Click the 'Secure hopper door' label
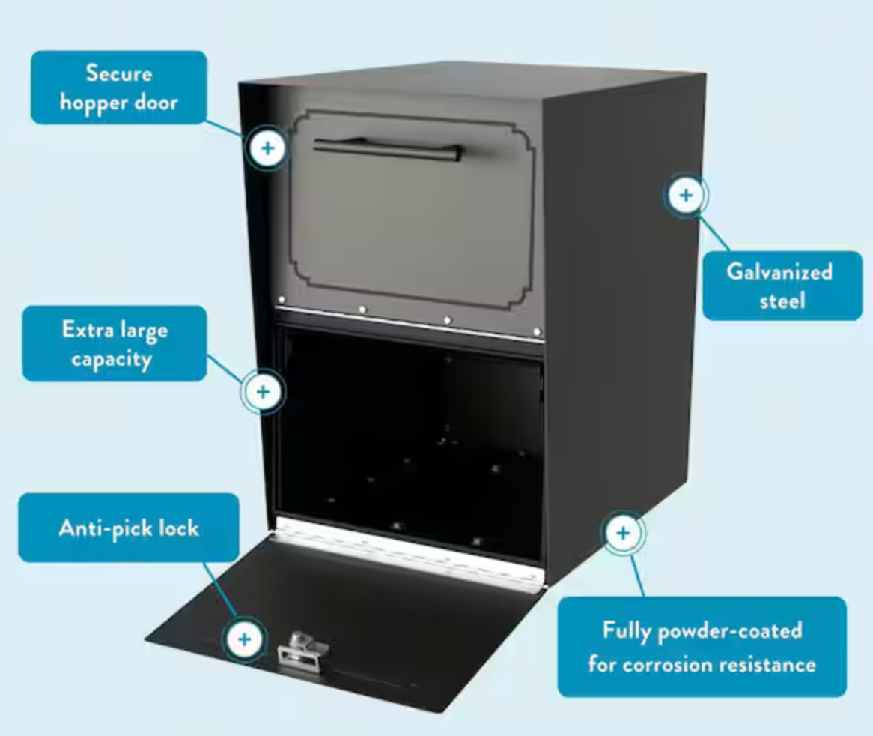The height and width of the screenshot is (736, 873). (118, 88)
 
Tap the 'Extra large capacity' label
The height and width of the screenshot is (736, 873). (115, 343)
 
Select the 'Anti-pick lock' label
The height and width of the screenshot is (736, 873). (129, 528)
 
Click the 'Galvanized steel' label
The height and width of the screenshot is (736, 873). (782, 286)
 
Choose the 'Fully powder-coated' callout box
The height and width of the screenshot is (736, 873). (702, 647)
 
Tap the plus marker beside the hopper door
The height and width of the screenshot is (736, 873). (268, 148)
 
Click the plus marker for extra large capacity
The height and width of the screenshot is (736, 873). (263, 392)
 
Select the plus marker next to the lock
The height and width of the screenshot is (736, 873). (244, 639)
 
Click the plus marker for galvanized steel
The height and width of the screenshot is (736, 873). (686, 195)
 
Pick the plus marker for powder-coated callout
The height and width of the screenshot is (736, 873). (623, 533)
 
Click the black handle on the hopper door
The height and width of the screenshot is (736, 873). (388, 148)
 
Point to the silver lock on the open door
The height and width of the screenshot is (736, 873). (303, 648)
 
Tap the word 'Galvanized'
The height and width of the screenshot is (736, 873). (779, 271)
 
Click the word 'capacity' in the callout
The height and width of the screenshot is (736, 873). (112, 359)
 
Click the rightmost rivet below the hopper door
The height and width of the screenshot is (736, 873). (537, 332)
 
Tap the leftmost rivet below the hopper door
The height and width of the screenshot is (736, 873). (282, 300)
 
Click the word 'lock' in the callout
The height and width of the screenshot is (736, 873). (178, 528)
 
